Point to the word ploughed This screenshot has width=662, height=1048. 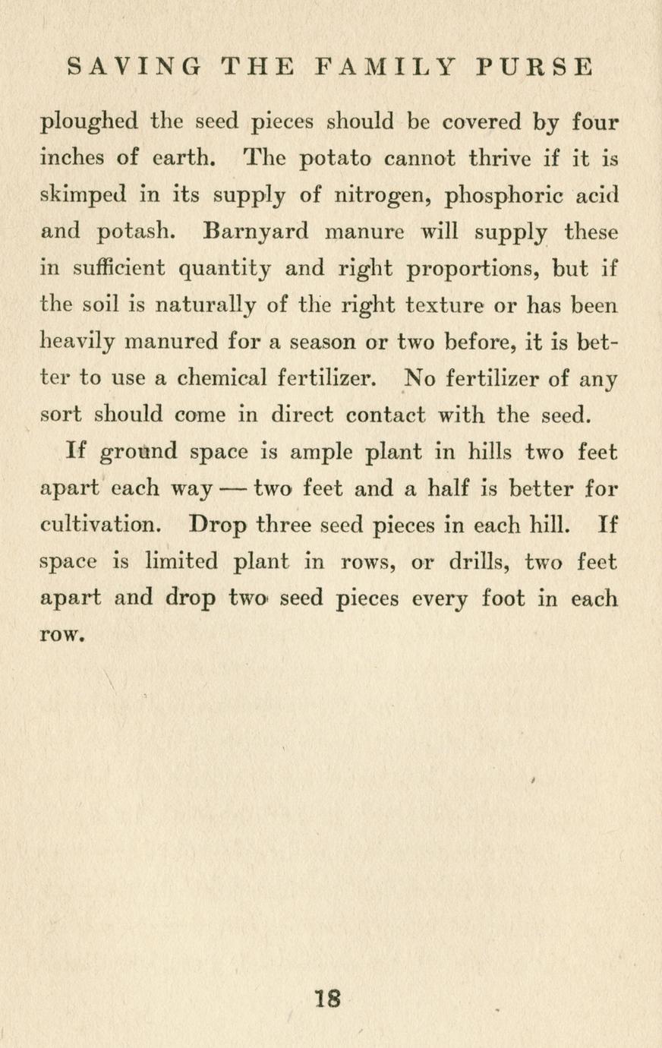click(89, 122)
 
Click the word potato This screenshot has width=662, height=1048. click(335, 159)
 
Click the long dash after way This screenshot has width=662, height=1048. click(235, 489)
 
